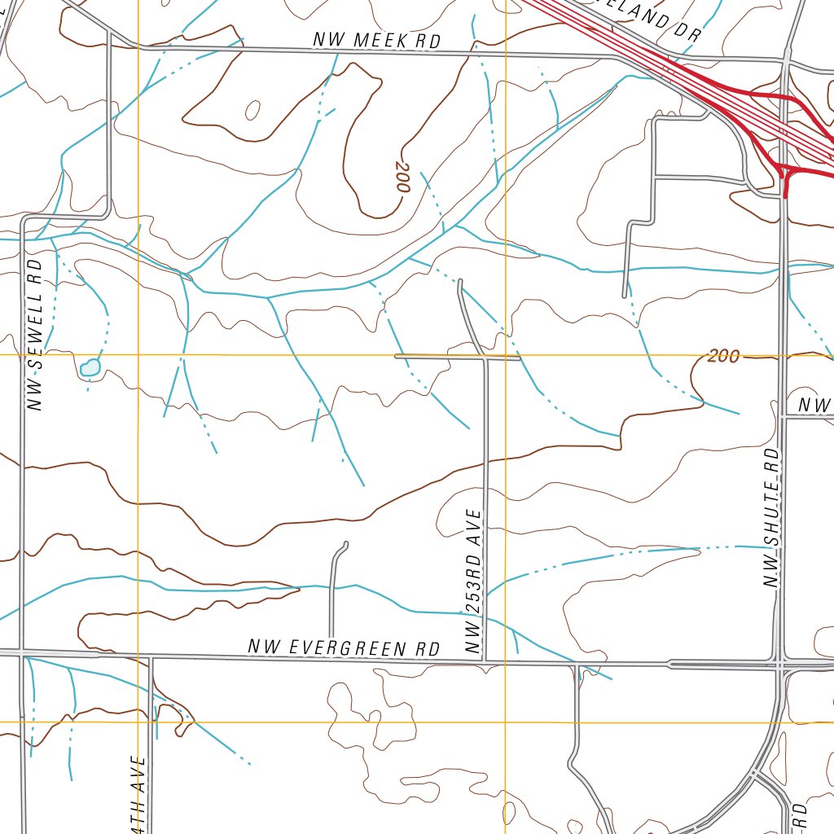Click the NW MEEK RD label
(x=377, y=40)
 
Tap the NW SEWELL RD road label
(x=35, y=335)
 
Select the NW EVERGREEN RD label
(x=344, y=648)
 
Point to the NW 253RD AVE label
(x=475, y=582)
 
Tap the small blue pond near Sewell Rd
(x=90, y=368)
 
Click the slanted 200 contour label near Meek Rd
(x=402, y=180)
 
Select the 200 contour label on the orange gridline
(x=723, y=356)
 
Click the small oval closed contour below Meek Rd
(x=252, y=110)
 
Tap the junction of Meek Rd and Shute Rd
(x=786, y=59)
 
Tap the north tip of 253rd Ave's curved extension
(x=461, y=283)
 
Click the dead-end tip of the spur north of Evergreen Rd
(x=346, y=543)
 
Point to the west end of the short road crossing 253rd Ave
(x=396, y=357)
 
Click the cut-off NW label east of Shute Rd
(x=814, y=405)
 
